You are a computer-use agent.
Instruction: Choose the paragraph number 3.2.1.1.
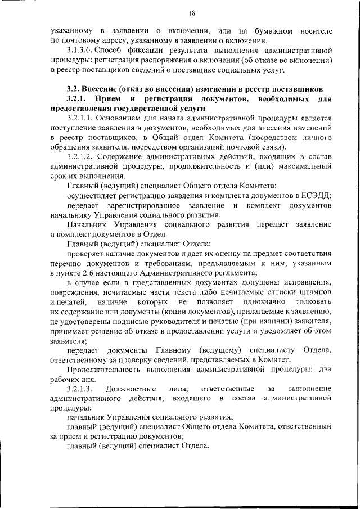(79, 118)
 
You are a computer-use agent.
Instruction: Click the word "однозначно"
(264, 302)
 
